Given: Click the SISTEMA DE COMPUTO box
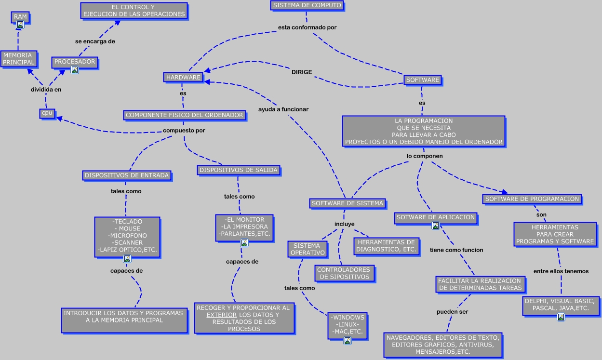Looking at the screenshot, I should point(307,6).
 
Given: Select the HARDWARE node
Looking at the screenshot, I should point(183,77).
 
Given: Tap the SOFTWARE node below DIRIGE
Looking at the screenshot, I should point(423,80).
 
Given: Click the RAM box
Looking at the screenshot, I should point(20,17).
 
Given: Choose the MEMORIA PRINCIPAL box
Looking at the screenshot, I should point(19,59).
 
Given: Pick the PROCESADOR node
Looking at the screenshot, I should point(75,62).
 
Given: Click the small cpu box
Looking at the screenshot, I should point(47,113).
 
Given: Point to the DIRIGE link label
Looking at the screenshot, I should point(302,72).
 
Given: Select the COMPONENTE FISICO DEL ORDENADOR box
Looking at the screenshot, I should point(184,115).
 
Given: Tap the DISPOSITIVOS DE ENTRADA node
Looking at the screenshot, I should point(127,175).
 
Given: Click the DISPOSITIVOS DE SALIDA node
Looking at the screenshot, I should point(239,170).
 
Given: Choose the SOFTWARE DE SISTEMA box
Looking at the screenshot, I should point(348,203).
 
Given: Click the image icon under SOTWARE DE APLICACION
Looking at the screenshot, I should point(436,226).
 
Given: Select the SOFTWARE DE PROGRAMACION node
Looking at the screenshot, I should point(532,199).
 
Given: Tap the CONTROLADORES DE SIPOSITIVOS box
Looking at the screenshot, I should point(344,273).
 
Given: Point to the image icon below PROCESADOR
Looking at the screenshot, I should point(75,70).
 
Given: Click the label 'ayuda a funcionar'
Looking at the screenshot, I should point(283,109).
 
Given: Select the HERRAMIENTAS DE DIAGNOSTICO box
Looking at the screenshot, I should point(386,246).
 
